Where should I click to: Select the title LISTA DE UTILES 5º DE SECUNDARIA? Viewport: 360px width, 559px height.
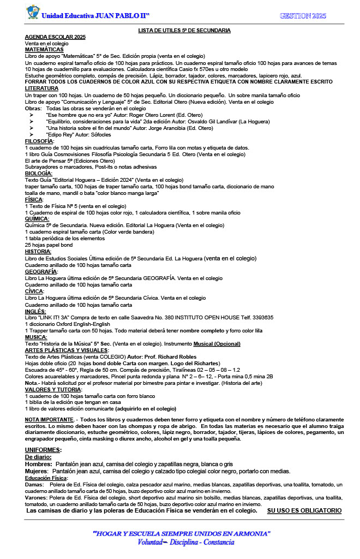coord(184,31)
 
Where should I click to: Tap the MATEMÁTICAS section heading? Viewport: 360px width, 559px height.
coord(44,49)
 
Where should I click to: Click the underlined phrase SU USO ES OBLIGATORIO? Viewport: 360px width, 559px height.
coord(304,510)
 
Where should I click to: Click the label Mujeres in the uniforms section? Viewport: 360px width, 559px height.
coord(37,471)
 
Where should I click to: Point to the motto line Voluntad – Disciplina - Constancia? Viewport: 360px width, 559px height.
coord(186,542)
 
